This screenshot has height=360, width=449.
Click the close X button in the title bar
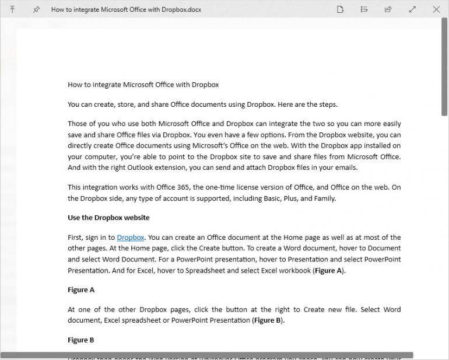click(436, 9)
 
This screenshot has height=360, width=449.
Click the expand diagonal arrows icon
click(412, 9)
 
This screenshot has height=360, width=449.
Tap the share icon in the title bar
click(388, 9)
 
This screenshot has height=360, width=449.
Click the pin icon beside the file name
click(36, 10)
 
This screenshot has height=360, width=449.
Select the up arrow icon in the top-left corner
click(12, 9)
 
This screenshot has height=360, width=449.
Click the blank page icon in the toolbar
click(341, 9)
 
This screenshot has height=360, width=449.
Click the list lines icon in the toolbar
click(364, 9)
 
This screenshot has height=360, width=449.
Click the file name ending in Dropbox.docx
click(126, 10)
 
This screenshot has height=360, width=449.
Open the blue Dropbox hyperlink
click(131, 237)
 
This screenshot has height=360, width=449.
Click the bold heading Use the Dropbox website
click(108, 218)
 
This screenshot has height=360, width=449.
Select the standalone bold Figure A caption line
click(81, 290)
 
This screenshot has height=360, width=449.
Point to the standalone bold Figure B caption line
click(81, 340)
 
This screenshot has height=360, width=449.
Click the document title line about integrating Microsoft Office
click(143, 85)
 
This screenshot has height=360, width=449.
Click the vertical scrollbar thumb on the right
click(444, 70)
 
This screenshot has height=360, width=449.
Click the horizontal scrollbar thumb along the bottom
click(207, 355)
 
